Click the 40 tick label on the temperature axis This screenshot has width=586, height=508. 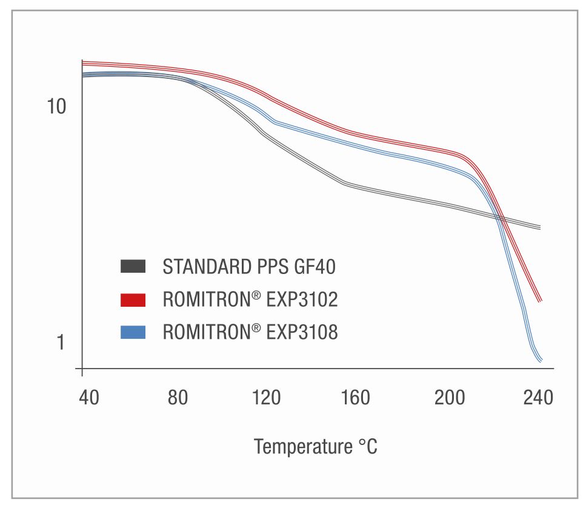tap(90, 398)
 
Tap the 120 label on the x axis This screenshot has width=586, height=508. tap(267, 398)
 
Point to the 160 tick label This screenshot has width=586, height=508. tap(356, 398)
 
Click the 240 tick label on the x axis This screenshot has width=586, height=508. tap(538, 398)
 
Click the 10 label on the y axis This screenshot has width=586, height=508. tap(56, 107)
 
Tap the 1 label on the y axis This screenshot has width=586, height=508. tap(60, 343)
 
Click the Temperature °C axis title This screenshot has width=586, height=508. tap(315, 447)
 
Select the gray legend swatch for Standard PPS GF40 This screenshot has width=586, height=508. tap(133, 266)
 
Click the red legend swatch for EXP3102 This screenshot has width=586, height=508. tap(133, 299)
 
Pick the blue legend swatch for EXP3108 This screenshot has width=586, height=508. tap(133, 332)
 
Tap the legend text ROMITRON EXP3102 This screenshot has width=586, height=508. tap(250, 299)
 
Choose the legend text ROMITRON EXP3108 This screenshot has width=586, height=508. tap(250, 332)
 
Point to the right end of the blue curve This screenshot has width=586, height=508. tap(540, 361)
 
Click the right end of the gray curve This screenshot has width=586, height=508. tap(539, 227)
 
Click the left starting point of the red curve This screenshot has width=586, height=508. tap(82, 62)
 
